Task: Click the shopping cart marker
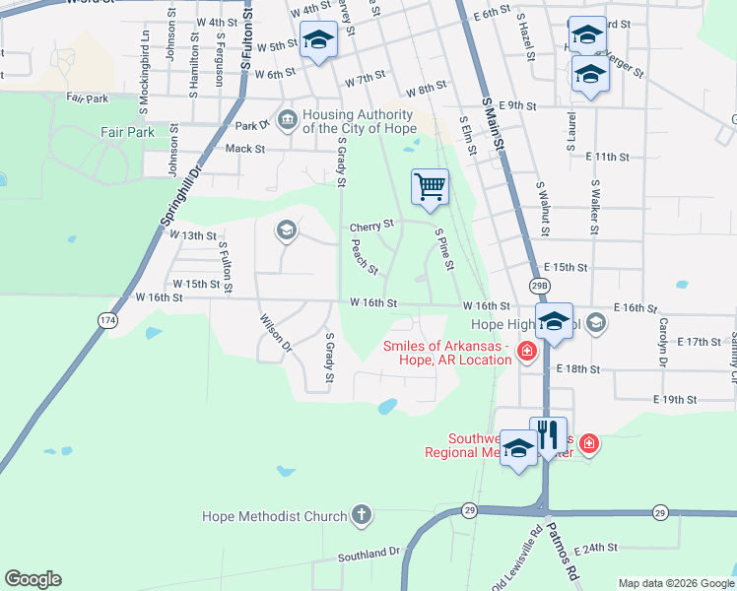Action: pyautogui.click(x=431, y=187)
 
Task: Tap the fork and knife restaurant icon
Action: pyautogui.click(x=548, y=434)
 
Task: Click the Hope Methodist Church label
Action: pyautogui.click(x=274, y=516)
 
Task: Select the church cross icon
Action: pyautogui.click(x=362, y=515)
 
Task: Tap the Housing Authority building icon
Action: pyautogui.click(x=287, y=120)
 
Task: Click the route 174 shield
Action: pyautogui.click(x=106, y=320)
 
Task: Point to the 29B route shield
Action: pyautogui.click(x=538, y=286)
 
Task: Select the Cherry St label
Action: pyautogui.click(x=371, y=227)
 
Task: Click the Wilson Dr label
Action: pyautogui.click(x=275, y=332)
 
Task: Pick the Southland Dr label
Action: pyautogui.click(x=368, y=554)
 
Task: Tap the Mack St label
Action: pyautogui.click(x=245, y=149)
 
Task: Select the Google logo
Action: pyautogui.click(x=33, y=579)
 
